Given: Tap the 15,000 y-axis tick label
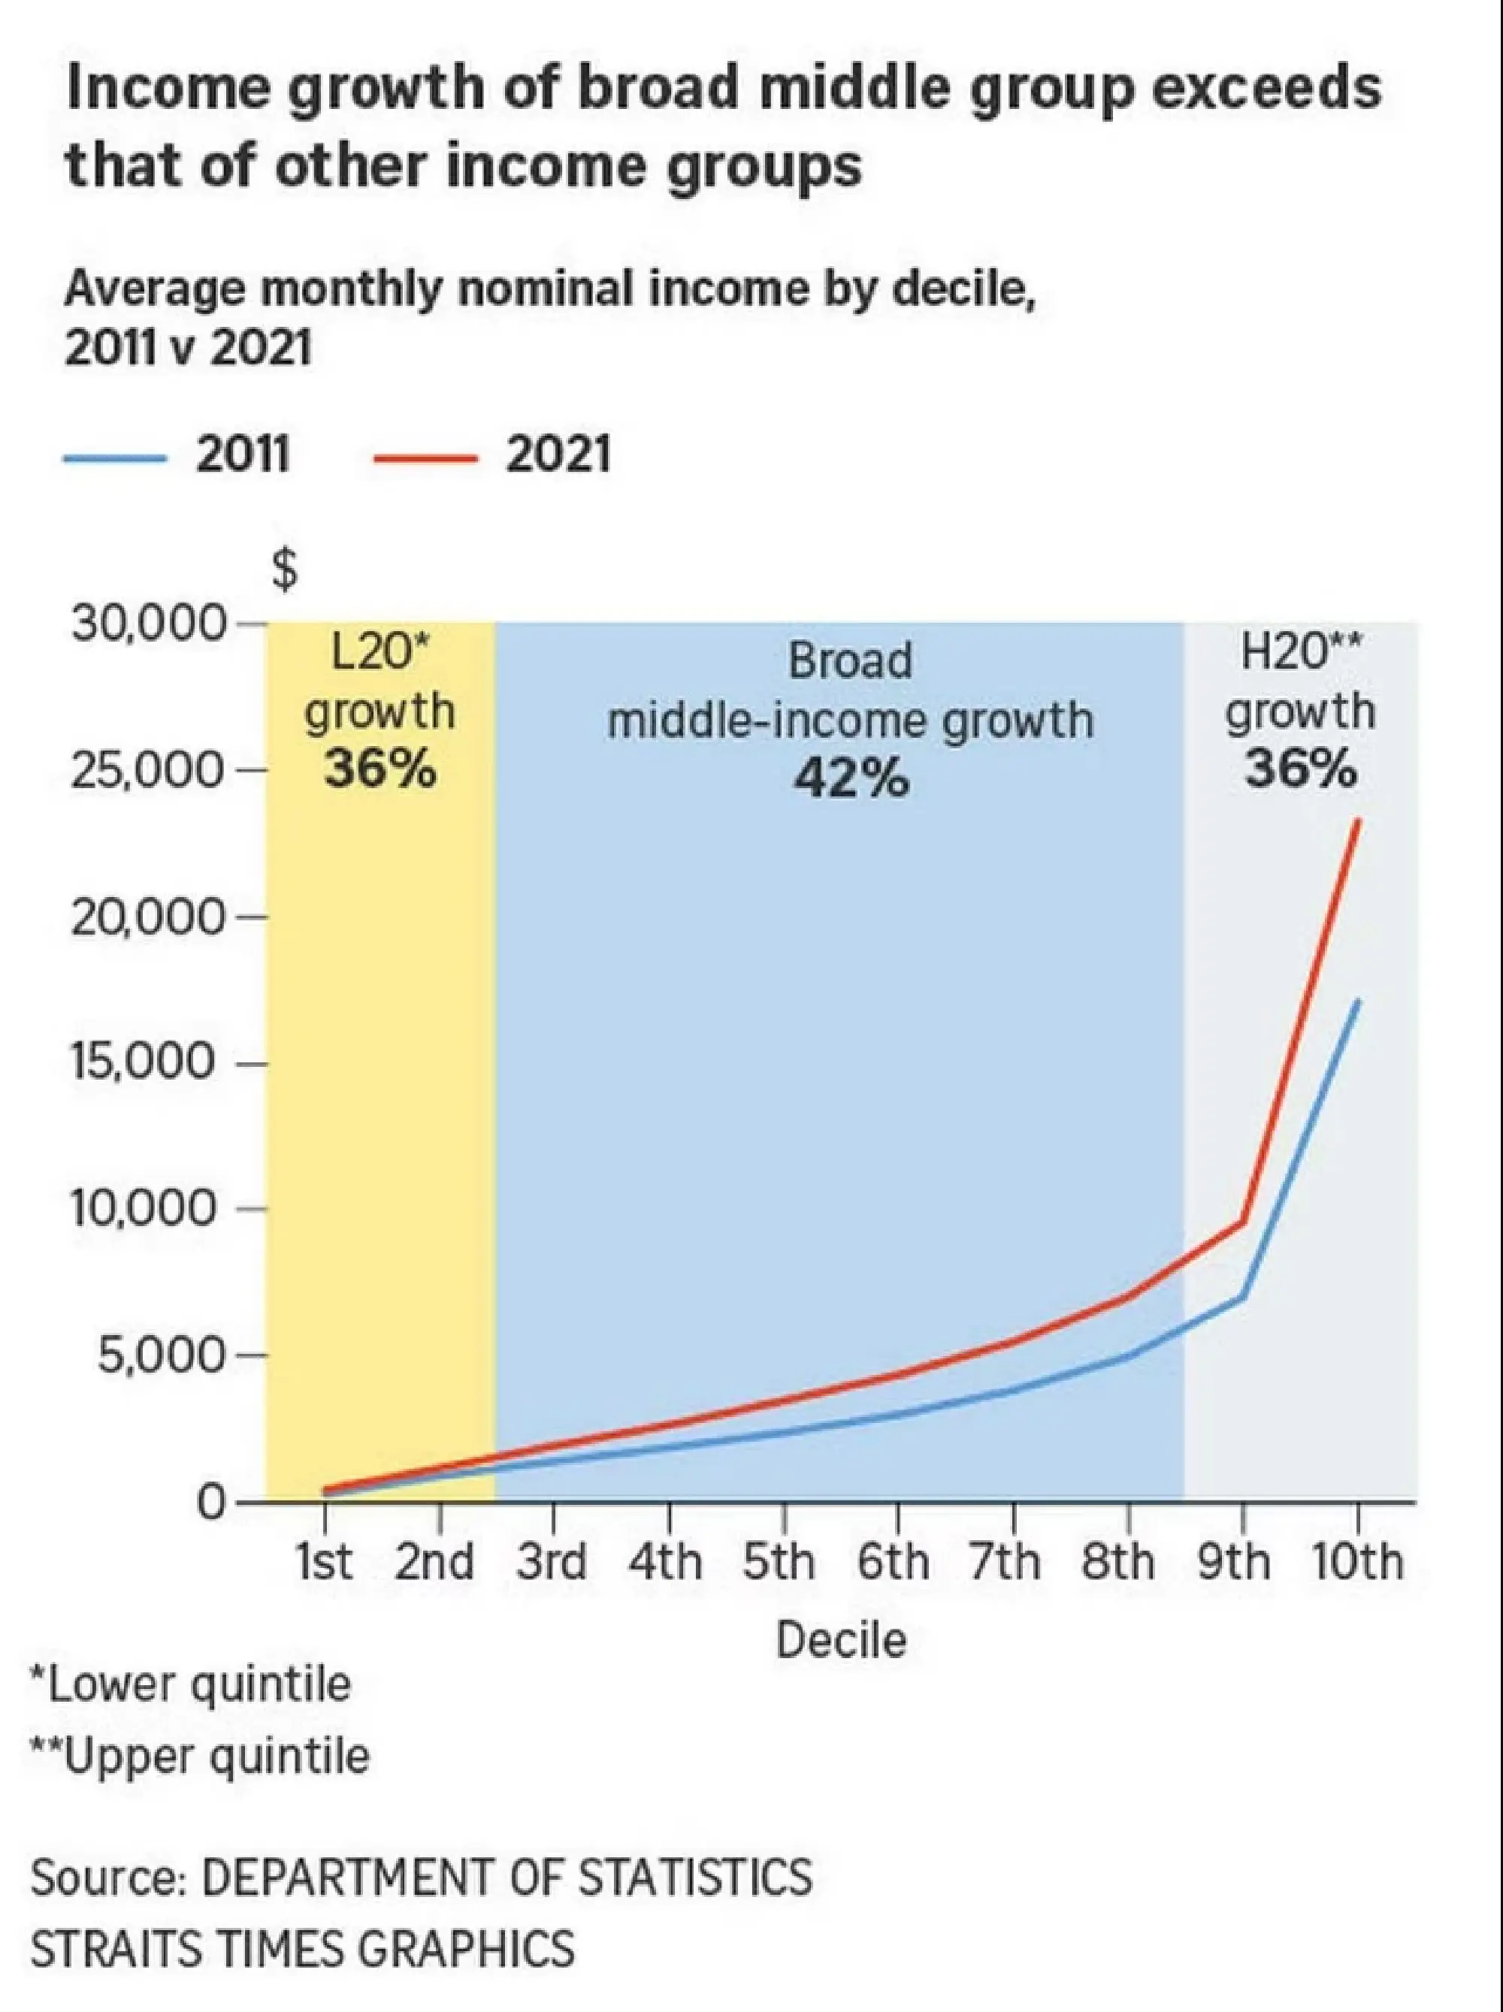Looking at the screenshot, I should tap(143, 1062).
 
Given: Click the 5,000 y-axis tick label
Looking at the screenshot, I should tap(159, 1355).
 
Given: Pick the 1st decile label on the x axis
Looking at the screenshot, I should tap(325, 1563).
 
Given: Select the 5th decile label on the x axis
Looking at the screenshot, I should tap(779, 1563).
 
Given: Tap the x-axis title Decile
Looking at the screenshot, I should tap(841, 1640).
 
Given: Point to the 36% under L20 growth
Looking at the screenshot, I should tap(380, 769).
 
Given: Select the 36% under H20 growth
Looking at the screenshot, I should tap(1300, 769).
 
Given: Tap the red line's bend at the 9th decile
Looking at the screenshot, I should tap(1243, 1222).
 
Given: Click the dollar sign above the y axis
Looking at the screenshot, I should tap(285, 571).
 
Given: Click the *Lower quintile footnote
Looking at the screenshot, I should tap(190, 1684).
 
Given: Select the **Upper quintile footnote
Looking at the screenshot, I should tap(200, 1757).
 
